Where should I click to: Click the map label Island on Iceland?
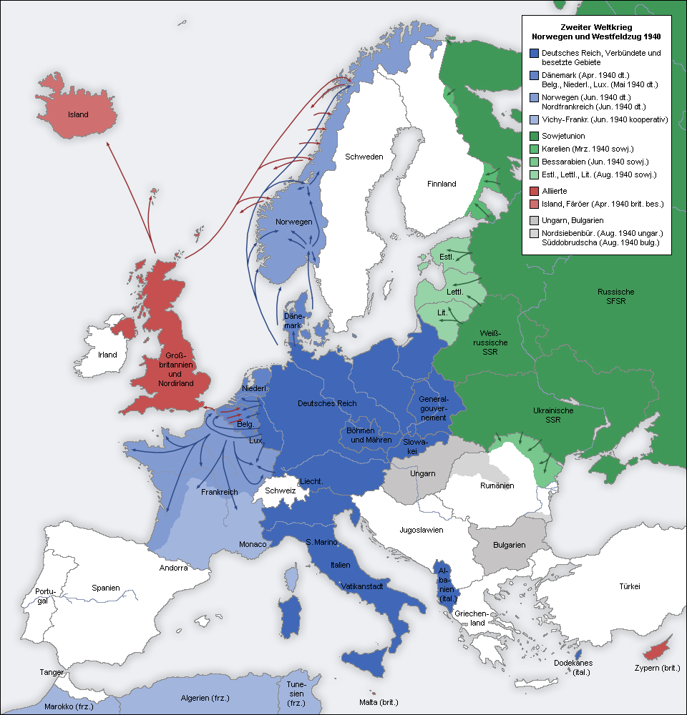[x=78, y=114]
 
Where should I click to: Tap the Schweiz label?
[x=280, y=490]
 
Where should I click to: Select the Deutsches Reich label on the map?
[x=327, y=404]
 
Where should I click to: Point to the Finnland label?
[x=442, y=184]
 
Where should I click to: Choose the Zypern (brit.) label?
[x=656, y=669]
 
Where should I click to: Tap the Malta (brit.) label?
[x=379, y=701]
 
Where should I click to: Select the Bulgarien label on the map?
[x=510, y=545]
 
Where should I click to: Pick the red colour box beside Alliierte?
[x=535, y=191]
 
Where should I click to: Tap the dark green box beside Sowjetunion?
[x=535, y=136]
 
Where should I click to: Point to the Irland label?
[x=107, y=355]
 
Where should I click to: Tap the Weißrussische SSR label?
[x=494, y=342]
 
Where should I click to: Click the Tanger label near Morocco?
[x=53, y=673]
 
